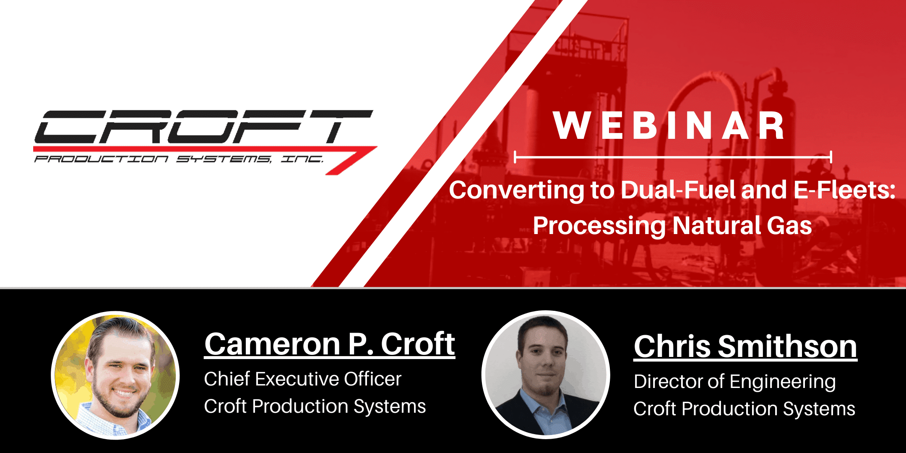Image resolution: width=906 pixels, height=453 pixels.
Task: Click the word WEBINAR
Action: point(669,125)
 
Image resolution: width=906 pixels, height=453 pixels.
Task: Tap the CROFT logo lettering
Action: point(204,127)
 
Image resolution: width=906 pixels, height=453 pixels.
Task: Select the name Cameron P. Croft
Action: point(330,344)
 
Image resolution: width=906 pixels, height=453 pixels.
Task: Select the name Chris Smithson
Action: point(745,347)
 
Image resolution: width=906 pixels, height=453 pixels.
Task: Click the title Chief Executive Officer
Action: point(303,379)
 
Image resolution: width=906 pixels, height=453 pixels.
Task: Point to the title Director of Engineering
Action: point(735,382)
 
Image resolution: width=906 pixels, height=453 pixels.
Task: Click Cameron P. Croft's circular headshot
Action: point(115,375)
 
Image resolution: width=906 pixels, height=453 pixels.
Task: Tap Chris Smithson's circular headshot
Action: point(546,375)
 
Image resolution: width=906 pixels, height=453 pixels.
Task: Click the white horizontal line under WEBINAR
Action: point(673,157)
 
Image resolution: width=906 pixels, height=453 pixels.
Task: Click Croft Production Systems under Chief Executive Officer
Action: point(315,406)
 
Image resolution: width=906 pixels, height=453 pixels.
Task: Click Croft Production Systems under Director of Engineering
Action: point(744,409)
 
